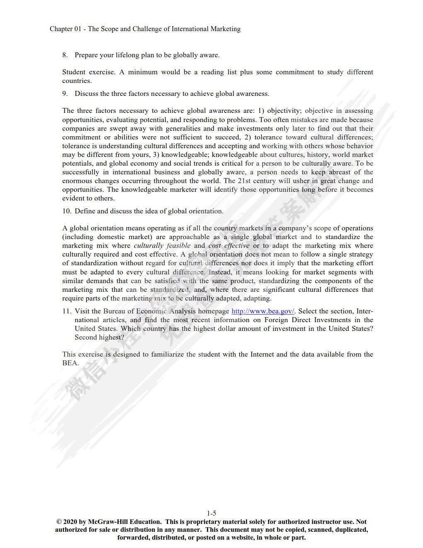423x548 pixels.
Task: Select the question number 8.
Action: tap(65, 55)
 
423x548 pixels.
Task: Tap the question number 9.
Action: tap(65, 93)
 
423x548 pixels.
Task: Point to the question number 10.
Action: tap(67, 211)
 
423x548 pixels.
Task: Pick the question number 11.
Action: tap(67, 311)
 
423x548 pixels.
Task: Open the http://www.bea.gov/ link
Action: tap(263, 311)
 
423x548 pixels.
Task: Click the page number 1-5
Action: tap(211, 513)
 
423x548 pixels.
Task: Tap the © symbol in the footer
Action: tap(59, 522)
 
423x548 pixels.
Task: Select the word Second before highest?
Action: tap(85, 337)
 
